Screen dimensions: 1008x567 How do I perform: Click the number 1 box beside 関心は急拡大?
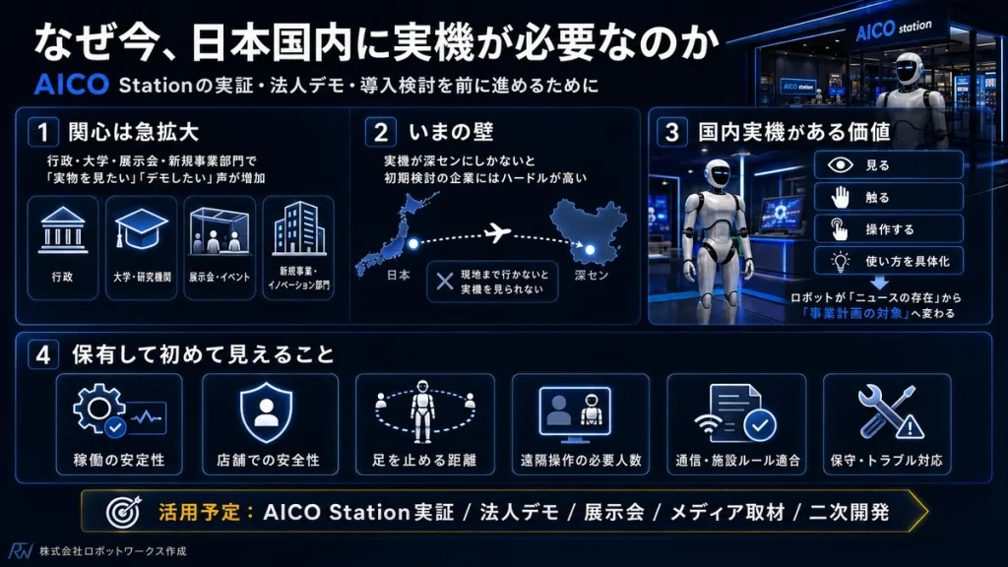point(43,132)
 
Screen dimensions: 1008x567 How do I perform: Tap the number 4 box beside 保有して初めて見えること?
point(43,354)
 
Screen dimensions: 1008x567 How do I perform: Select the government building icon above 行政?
point(62,230)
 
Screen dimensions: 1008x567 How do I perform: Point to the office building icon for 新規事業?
point(298,228)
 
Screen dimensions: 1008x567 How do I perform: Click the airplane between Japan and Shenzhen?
point(497,232)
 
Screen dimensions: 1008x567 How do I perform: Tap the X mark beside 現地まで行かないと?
point(445,281)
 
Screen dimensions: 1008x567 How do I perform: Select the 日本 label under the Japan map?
point(399,276)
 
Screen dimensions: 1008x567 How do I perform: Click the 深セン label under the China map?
point(591,276)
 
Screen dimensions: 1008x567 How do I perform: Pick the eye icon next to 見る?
point(840,165)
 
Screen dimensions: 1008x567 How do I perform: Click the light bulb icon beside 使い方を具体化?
point(840,261)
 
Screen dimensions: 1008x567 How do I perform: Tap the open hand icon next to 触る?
point(840,197)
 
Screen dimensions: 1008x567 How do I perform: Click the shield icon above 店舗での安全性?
point(266,412)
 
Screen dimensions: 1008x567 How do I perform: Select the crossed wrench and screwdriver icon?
point(890,412)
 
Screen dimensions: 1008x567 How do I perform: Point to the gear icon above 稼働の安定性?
point(99,409)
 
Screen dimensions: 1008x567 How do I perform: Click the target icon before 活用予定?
point(123,512)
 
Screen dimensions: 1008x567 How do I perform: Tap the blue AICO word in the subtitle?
point(71,85)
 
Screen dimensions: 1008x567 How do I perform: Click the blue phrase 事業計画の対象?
point(855,314)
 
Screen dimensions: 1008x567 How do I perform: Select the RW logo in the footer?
point(21,551)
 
